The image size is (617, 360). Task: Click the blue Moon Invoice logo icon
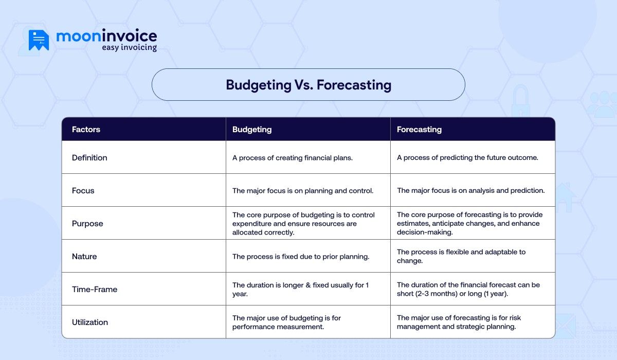click(39, 40)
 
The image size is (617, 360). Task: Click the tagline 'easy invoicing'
click(129, 48)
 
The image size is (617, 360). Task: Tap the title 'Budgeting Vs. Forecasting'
click(308, 85)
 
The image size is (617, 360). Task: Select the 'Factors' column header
click(86, 130)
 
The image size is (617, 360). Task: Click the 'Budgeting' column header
click(252, 130)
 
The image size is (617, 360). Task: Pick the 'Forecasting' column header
click(419, 130)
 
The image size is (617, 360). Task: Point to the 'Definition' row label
click(89, 158)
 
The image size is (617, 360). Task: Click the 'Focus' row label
click(83, 191)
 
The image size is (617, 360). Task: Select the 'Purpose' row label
click(87, 224)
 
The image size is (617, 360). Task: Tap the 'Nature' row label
click(84, 257)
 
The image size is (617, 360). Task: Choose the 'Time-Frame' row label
click(95, 290)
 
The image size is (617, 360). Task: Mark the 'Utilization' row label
click(90, 322)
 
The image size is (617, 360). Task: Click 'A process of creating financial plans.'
click(293, 158)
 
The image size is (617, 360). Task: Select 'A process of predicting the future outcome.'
click(467, 158)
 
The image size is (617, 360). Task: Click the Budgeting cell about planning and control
click(303, 191)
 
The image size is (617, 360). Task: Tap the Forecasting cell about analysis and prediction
click(470, 191)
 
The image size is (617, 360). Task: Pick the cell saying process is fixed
click(301, 257)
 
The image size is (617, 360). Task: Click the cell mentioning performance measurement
click(286, 322)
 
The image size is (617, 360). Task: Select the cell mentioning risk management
click(459, 322)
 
